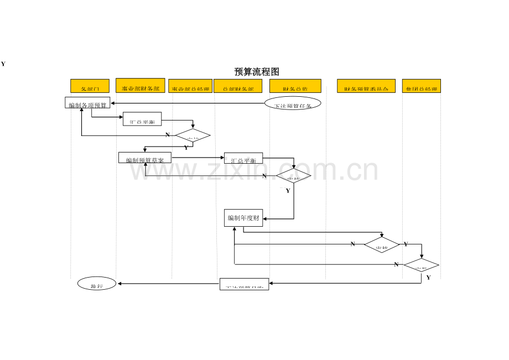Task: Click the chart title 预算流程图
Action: (x=257, y=72)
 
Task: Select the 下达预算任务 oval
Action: (x=292, y=103)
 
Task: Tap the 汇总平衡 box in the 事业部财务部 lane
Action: (x=142, y=119)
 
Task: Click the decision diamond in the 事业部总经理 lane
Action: (x=193, y=135)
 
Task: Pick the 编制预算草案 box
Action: (x=145, y=158)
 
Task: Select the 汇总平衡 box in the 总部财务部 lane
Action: (x=243, y=159)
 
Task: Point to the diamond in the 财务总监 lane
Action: (x=294, y=176)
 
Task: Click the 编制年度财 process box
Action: (x=243, y=218)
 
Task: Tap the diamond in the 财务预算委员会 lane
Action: (x=382, y=245)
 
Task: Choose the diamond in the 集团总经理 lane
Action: (x=421, y=265)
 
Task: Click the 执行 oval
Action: (x=97, y=284)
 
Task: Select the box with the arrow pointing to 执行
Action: (x=244, y=284)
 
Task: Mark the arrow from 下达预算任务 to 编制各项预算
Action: (x=188, y=103)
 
